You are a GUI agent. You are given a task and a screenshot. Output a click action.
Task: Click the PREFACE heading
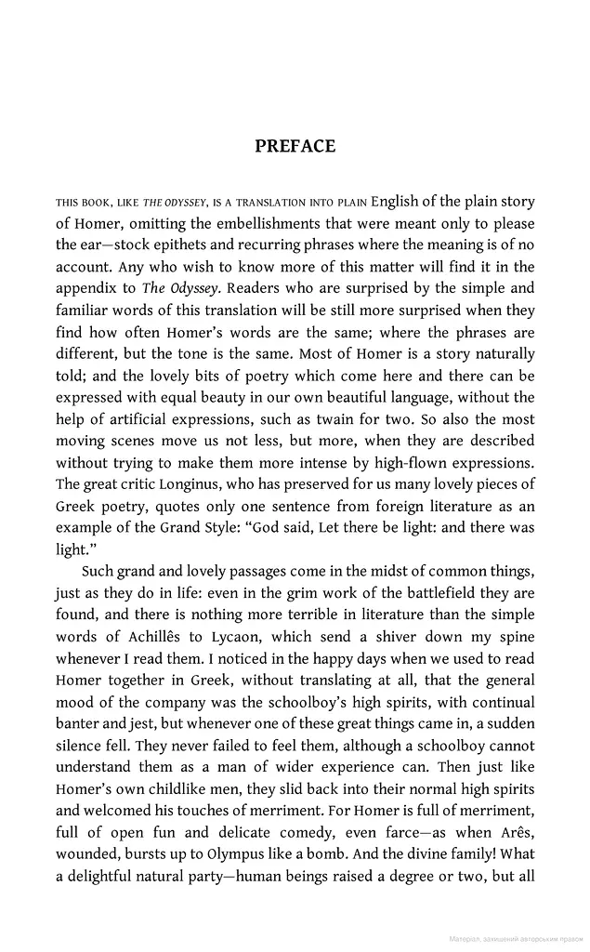click(x=295, y=146)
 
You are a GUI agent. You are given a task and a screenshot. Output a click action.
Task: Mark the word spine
click(x=517, y=636)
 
